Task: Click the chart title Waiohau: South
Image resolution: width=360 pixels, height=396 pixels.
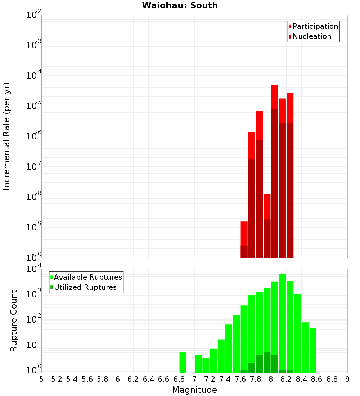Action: pos(180,5)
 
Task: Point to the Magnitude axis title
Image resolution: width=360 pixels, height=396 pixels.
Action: pos(194,390)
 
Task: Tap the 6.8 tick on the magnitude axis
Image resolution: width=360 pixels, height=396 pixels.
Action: pos(179,379)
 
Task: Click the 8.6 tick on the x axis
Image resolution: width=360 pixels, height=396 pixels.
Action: pos(317,379)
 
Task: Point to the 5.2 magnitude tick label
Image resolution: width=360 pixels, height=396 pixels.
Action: pos(57,379)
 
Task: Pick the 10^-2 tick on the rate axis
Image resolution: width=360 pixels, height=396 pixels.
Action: pos(34,15)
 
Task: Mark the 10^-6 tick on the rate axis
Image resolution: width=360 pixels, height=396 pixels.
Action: pos(34,136)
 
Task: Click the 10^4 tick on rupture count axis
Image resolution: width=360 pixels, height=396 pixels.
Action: pos(34,269)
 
